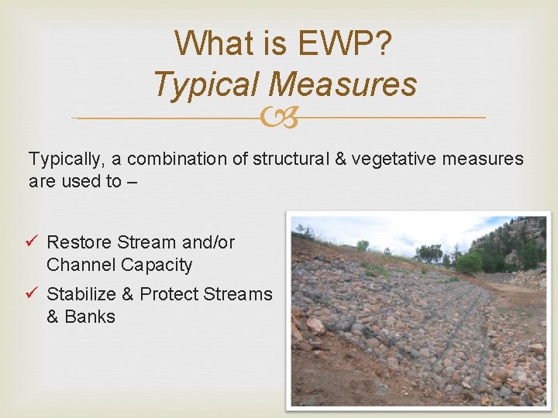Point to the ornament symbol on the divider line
click(278, 118)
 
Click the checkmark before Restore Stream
click(34, 242)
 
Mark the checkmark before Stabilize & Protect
click(34, 294)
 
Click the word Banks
click(91, 317)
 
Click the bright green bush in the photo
click(467, 262)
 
